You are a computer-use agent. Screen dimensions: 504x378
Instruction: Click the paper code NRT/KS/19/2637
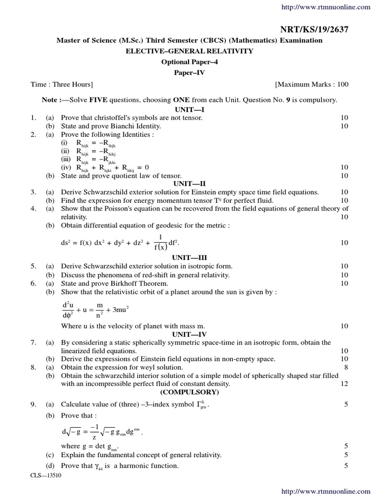coord(320,30)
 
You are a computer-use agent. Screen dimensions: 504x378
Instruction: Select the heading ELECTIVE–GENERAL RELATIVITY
coord(189,51)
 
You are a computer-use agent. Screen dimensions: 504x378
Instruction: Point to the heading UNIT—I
coord(189,109)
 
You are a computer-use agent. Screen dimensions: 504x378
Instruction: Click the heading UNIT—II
coord(189,184)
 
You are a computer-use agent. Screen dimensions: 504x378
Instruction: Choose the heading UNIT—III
coord(189,258)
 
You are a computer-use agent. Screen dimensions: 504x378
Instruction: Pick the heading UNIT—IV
coord(189,334)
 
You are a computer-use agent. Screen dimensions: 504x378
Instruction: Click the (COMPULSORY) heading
coord(189,392)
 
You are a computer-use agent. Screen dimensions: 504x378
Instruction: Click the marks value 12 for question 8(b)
coord(344,384)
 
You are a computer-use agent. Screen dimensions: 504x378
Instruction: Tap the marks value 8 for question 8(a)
coord(346,367)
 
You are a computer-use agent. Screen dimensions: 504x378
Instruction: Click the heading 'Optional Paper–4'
coord(189,62)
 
